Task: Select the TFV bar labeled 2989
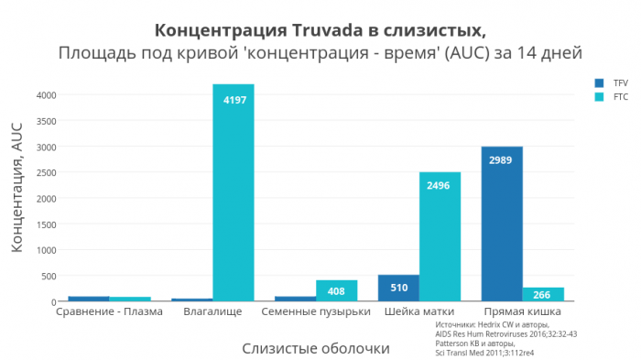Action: coord(502,224)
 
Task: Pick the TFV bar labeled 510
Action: coord(398,288)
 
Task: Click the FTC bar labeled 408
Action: coord(336,290)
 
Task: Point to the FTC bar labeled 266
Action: coord(543,294)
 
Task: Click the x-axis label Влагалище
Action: coord(212,311)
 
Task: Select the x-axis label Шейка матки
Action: coord(420,311)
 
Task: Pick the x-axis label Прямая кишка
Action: coord(523,311)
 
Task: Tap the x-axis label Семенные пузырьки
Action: coord(316,311)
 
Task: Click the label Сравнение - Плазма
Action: coord(109,311)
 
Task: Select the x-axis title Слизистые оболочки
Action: coord(316,348)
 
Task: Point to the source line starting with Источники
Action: coord(492,324)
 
